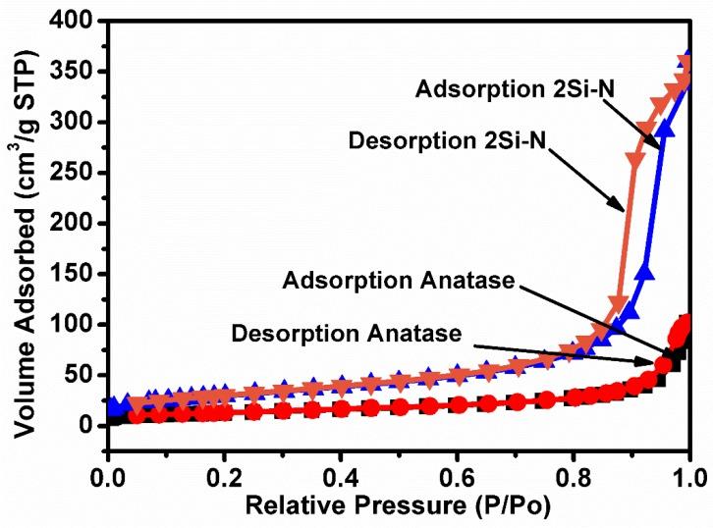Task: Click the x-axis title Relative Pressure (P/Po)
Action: pos(398,509)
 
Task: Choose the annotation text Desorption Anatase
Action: pos(353,334)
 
